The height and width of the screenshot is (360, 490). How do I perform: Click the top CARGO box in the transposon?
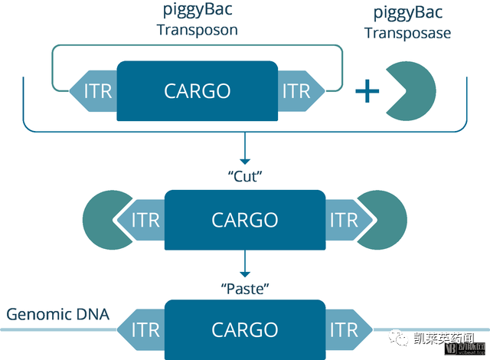point(197,91)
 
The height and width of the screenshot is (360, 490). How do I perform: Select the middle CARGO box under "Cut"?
point(245,220)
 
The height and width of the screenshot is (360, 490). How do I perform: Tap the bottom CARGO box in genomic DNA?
point(245,330)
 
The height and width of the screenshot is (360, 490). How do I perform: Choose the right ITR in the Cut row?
point(345,220)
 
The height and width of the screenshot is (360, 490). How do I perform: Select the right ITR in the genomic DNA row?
point(345,330)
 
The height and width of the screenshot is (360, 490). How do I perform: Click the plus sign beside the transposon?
point(367,92)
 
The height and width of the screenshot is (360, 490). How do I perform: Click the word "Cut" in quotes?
point(245,175)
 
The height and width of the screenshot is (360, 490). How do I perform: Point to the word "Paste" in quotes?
point(245,288)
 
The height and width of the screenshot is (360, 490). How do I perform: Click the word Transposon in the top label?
point(197,31)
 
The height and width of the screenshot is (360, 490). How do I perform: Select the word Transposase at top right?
point(407,33)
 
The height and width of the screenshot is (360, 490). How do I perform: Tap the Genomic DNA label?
point(58,314)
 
